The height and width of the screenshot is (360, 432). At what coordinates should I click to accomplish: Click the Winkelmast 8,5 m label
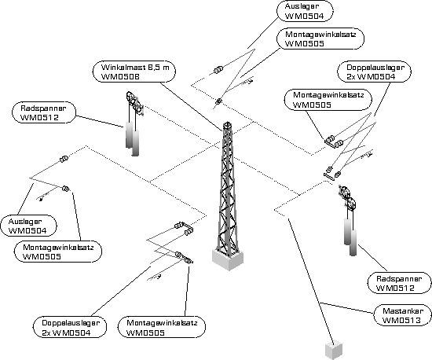pyautogui.click(x=134, y=72)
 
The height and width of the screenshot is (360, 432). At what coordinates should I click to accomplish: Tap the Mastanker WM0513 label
pyautogui.click(x=402, y=315)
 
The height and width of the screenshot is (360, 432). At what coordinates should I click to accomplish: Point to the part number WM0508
pyautogui.click(x=120, y=76)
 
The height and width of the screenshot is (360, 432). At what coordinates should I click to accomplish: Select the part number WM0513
pyautogui.click(x=401, y=321)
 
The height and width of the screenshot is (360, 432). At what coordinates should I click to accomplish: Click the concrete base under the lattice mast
pyautogui.click(x=228, y=259)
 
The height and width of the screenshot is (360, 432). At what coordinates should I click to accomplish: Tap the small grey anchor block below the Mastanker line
pyautogui.click(x=334, y=351)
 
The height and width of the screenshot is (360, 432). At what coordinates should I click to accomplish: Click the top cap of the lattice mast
pyautogui.click(x=227, y=125)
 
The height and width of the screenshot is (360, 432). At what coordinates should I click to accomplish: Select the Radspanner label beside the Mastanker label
pyautogui.click(x=399, y=283)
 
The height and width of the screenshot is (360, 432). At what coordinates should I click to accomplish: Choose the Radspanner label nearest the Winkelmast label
pyautogui.click(x=43, y=112)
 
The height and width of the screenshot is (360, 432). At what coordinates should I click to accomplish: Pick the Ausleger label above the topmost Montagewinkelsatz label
pyautogui.click(x=305, y=11)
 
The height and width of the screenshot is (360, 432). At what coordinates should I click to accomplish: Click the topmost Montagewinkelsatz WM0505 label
pyautogui.click(x=320, y=39)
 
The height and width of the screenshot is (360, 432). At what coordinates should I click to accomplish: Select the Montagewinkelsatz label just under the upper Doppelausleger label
pyautogui.click(x=328, y=100)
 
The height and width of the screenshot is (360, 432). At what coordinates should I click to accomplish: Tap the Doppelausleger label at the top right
pyautogui.click(x=375, y=72)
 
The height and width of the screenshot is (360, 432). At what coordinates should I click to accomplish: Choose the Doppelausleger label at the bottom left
pyautogui.click(x=70, y=328)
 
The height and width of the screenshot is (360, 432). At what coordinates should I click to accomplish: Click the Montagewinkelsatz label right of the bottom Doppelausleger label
pyautogui.click(x=162, y=328)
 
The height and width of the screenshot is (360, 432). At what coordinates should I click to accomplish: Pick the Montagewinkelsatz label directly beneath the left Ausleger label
pyautogui.click(x=58, y=252)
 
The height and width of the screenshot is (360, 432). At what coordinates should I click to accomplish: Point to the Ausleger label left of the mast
pyautogui.click(x=28, y=226)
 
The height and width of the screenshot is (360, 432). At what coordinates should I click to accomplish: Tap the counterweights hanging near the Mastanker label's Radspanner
pyautogui.click(x=350, y=237)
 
